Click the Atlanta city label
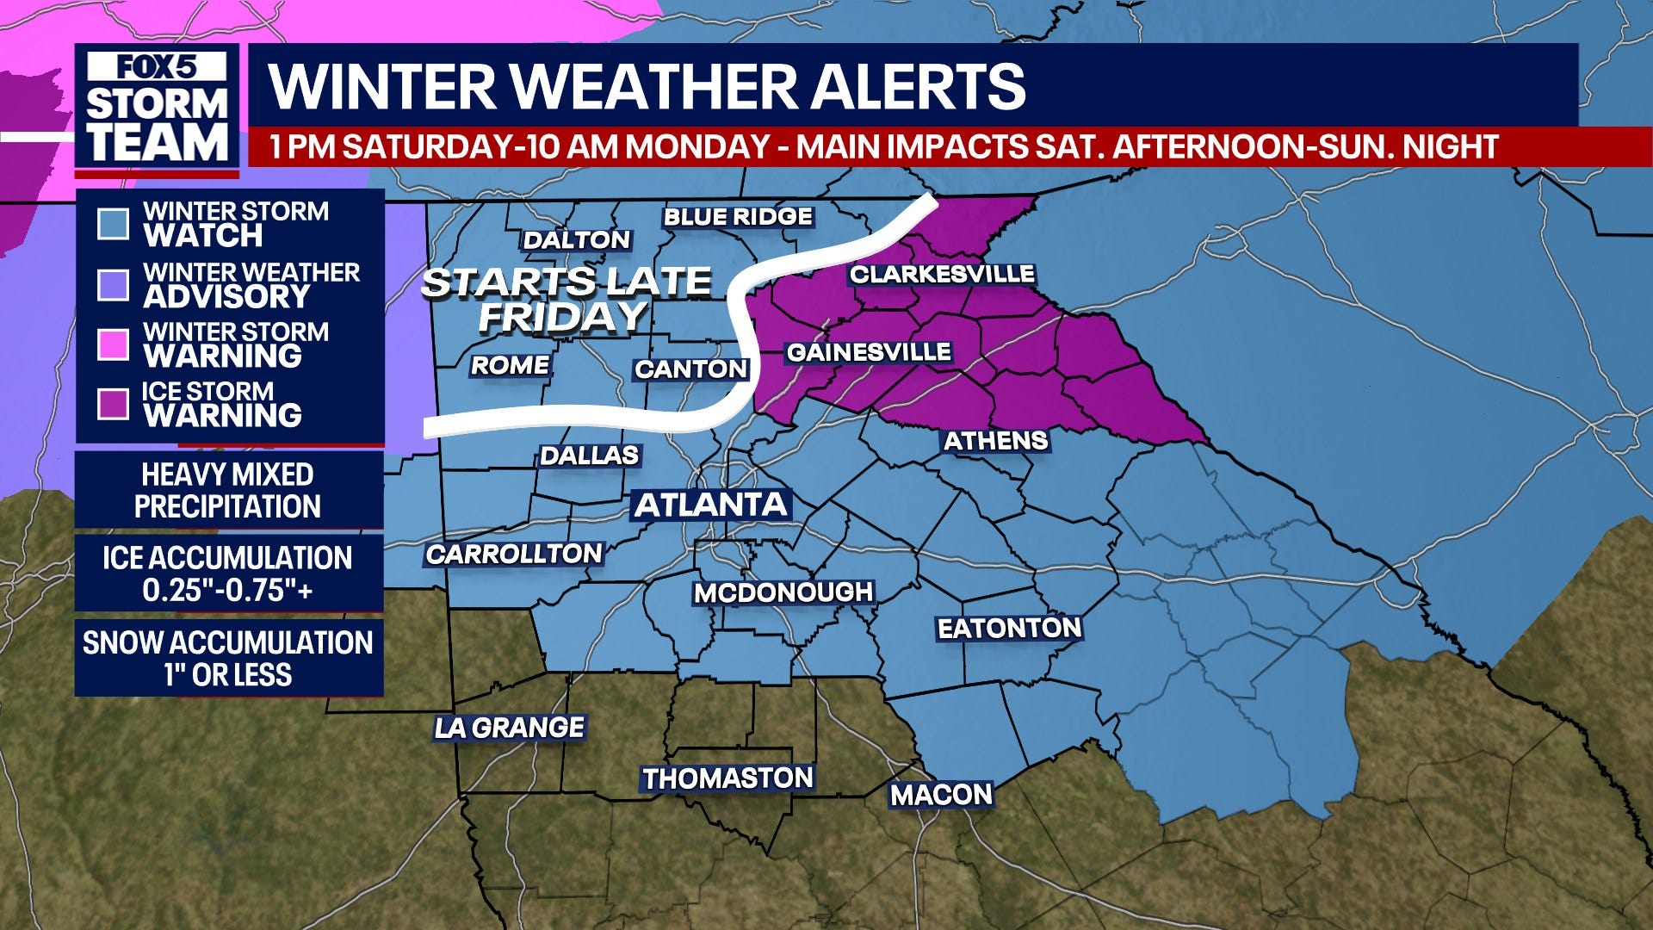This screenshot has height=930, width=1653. pyautogui.click(x=710, y=505)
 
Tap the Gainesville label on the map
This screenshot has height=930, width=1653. pyautogui.click(x=868, y=352)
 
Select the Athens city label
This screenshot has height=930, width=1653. pyautogui.click(x=995, y=441)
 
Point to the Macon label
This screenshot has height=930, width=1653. pyautogui.click(x=941, y=794)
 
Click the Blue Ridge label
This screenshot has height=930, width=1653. pyautogui.click(x=738, y=216)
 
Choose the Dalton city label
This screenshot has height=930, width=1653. pyautogui.click(x=577, y=239)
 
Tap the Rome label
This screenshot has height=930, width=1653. pyautogui.click(x=510, y=365)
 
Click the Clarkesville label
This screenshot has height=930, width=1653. pyautogui.click(x=942, y=274)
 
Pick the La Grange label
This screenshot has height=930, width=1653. pyautogui.click(x=510, y=728)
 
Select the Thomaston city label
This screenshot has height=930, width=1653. pyautogui.click(x=727, y=778)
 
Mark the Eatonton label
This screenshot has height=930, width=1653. pyautogui.click(x=1009, y=629)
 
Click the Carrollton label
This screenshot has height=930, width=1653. pyautogui.click(x=514, y=554)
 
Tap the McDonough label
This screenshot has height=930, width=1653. pyautogui.click(x=783, y=592)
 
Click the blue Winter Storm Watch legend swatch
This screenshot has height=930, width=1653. pyautogui.click(x=113, y=224)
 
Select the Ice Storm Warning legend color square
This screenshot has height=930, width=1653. pyautogui.click(x=113, y=404)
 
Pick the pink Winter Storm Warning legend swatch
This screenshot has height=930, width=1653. pyautogui.click(x=113, y=344)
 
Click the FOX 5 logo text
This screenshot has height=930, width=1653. pyautogui.click(x=157, y=67)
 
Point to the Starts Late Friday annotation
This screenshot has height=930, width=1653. pyautogui.click(x=565, y=299)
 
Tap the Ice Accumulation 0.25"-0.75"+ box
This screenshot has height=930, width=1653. pyautogui.click(x=228, y=573)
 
